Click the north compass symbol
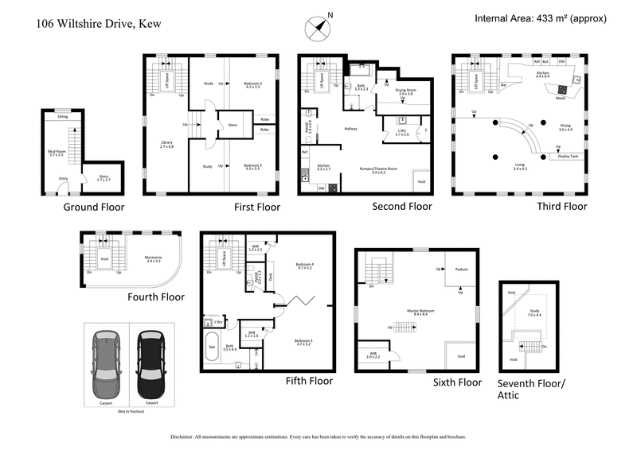pos(317,25)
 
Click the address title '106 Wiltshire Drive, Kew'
pos(99,24)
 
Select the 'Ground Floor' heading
pos(94,208)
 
